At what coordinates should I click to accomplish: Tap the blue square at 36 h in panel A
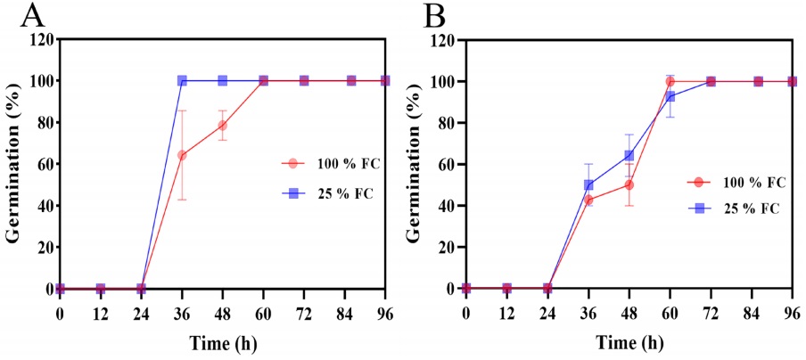click(x=182, y=81)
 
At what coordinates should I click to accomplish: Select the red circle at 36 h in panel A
click(x=182, y=155)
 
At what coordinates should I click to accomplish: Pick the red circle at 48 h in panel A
click(x=222, y=125)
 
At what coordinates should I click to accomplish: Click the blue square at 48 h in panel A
click(x=222, y=81)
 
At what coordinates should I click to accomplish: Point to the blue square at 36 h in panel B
click(x=588, y=185)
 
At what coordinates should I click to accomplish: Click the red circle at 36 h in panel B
click(x=588, y=200)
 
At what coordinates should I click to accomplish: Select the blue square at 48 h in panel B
click(x=629, y=155)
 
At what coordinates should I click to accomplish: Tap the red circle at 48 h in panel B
click(x=629, y=184)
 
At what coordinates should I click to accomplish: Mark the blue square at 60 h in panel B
click(x=670, y=96)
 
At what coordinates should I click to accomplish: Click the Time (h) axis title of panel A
click(x=223, y=341)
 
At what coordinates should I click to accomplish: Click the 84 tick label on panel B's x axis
click(x=759, y=313)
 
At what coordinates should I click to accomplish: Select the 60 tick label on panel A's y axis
click(x=40, y=164)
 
